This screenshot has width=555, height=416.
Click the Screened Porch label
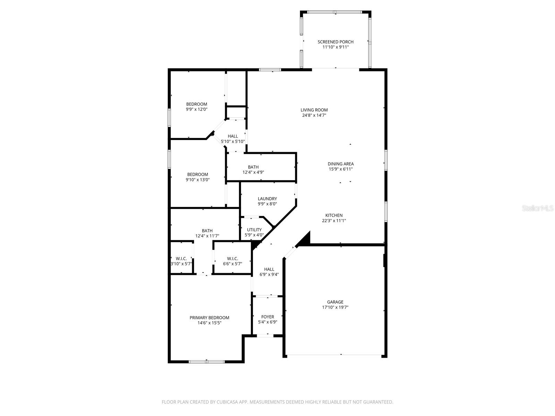click(335, 42)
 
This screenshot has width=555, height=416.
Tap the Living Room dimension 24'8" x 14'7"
click(314, 115)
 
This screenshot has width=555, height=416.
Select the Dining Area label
click(341, 164)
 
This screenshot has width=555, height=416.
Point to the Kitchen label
click(334, 215)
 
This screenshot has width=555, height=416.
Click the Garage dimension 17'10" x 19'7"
click(335, 307)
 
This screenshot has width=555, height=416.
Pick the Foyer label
click(267, 317)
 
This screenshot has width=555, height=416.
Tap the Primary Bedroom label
click(209, 318)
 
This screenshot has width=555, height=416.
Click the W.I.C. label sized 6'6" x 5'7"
click(232, 259)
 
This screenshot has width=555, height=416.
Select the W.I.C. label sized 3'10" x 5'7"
click(181, 259)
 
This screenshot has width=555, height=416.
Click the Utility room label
click(254, 230)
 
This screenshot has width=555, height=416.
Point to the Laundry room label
click(267, 199)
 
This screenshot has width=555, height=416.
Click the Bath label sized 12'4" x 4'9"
click(253, 167)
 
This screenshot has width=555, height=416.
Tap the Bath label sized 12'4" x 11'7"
click(207, 231)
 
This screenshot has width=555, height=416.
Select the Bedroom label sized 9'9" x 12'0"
click(197, 104)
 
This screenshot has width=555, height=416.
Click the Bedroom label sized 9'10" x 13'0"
click(198, 174)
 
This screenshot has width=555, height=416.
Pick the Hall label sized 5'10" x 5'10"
click(233, 136)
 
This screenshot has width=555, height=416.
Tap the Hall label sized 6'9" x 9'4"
click(269, 269)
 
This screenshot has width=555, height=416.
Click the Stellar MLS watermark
click(538, 208)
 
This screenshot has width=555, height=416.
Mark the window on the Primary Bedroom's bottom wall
click(207, 362)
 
